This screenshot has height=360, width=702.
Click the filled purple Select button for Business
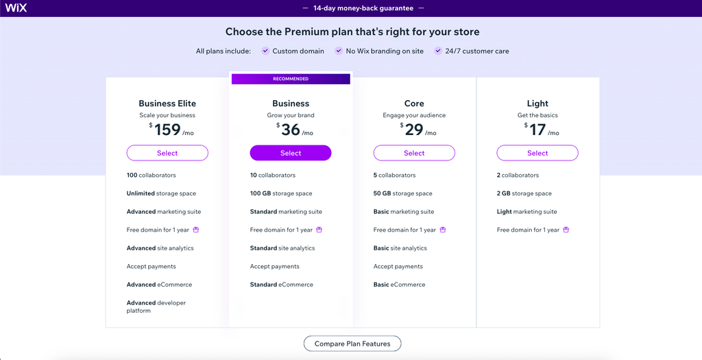coord(291,153)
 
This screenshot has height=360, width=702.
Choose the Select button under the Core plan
coord(414,153)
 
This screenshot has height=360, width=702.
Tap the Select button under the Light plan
coord(537,153)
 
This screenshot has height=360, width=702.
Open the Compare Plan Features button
coord(352,344)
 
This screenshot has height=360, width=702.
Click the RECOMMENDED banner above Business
coord(291,79)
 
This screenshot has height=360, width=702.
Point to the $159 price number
coord(167,130)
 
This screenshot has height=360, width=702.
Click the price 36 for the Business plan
coord(291,130)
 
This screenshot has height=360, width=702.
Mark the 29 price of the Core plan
coord(414,130)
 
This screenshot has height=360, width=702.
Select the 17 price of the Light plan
coord(537,130)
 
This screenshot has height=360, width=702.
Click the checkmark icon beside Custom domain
coord(265,51)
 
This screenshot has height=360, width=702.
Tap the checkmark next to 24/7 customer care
coord(438,51)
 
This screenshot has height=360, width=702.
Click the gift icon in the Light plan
coord(566,230)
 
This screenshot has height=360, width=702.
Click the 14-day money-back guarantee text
coord(363,8)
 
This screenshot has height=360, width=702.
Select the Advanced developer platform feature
coord(156,307)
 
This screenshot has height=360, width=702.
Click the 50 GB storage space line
coord(402,193)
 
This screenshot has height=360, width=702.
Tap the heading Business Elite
coord(167,104)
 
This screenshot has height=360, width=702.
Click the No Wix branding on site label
coord(384,51)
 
